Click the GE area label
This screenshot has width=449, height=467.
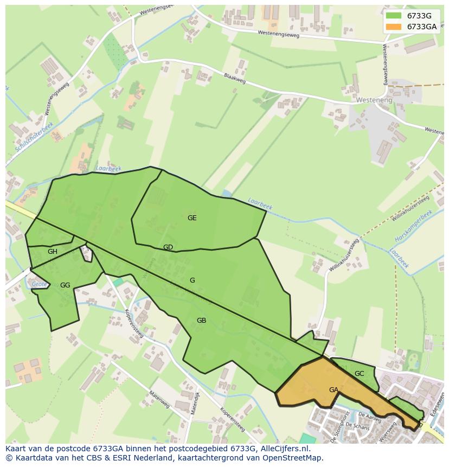coord(192,218)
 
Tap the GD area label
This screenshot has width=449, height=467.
coord(168,247)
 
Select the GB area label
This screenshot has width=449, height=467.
coord(201,321)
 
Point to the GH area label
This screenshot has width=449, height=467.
coord(53,252)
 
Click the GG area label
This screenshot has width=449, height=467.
coord(65,285)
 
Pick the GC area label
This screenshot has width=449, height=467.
coord(359,374)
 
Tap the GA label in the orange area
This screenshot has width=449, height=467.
coord(333,390)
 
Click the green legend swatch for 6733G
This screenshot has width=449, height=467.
coord(394,16)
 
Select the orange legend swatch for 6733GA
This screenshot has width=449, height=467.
coord(394,27)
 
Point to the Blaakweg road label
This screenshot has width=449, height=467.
coord(235,79)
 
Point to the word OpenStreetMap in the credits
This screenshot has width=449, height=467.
coord(292,458)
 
